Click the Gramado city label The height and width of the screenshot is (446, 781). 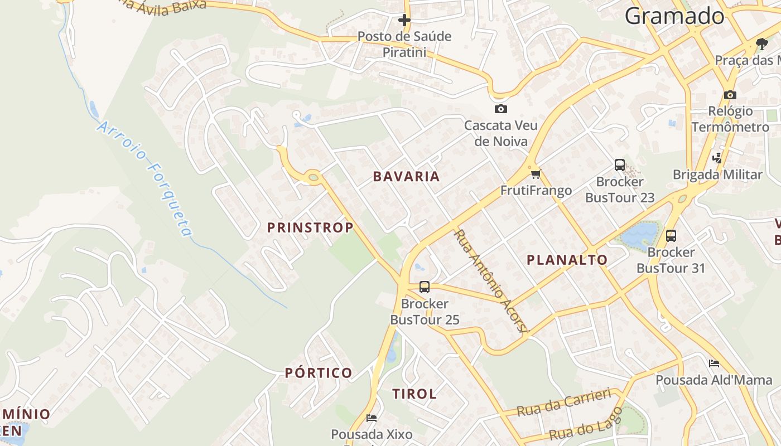click(674, 16)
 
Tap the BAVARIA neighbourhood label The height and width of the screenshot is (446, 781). click(407, 177)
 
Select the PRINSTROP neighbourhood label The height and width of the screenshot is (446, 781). click(310, 227)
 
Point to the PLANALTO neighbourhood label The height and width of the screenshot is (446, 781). click(567, 260)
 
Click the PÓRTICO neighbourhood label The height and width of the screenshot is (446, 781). click(319, 373)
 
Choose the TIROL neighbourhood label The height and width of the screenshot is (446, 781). click(414, 394)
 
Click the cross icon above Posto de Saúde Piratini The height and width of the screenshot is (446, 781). click(404, 21)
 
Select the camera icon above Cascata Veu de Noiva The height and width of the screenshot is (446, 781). click(500, 109)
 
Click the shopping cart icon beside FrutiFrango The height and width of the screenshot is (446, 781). click(536, 174)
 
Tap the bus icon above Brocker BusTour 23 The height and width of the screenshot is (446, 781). click(620, 164)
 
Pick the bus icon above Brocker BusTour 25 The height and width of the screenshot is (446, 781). click(425, 287)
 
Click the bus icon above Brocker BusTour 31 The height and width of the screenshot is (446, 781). click(671, 235)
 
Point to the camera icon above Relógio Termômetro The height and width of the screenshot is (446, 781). click(730, 95)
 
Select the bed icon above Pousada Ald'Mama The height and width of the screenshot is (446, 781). click(713, 363)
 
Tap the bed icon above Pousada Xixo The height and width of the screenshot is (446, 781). click(372, 418)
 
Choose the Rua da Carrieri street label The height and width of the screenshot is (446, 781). click(563, 403)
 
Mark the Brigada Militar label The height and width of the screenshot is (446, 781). click(717, 174)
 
